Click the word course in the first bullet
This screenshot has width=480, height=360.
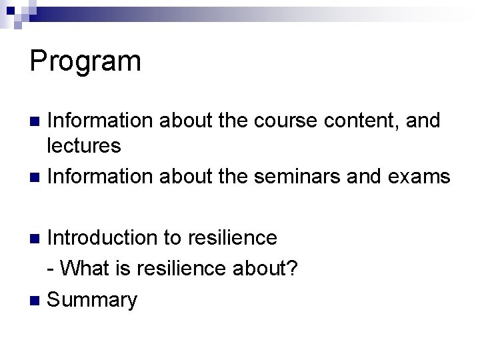click(x=280, y=121)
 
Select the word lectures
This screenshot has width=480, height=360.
click(x=84, y=145)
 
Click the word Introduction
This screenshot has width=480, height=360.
click(x=102, y=237)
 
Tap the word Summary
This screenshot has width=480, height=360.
click(x=93, y=300)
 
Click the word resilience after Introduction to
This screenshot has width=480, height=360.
click(x=233, y=237)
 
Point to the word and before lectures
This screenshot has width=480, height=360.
click(x=423, y=121)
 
